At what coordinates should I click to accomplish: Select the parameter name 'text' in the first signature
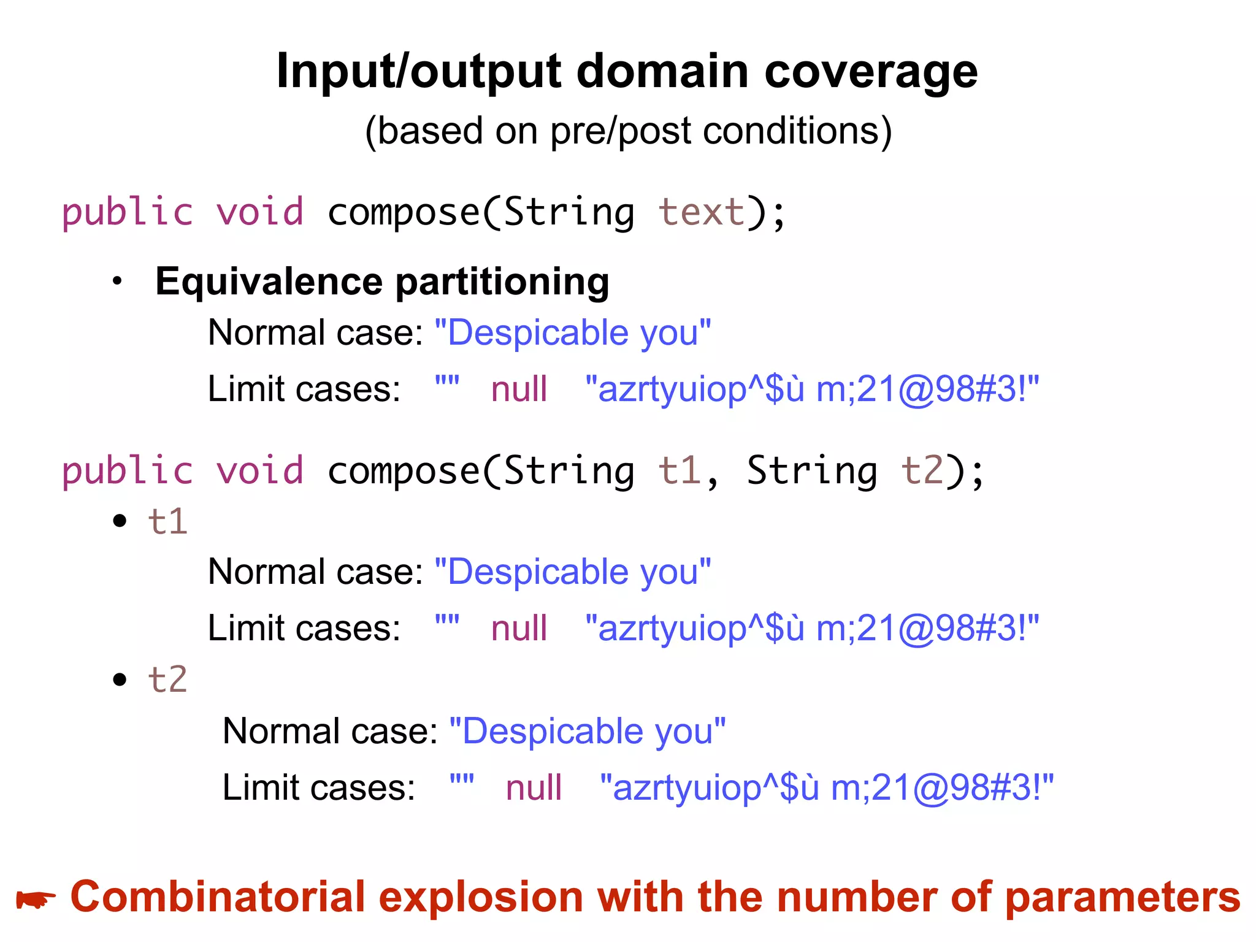coord(701,212)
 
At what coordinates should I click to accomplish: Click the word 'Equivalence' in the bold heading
coord(269,281)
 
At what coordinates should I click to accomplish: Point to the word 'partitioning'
coord(502,283)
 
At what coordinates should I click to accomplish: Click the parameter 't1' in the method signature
coord(679,471)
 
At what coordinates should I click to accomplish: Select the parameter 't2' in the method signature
coord(922,471)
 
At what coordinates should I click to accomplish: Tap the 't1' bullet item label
coord(167,522)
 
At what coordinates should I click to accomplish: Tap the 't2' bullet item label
coord(167,680)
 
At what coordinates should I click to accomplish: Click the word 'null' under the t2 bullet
coord(534,788)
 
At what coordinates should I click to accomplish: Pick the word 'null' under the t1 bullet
coord(519,629)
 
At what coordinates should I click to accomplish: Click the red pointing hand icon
coord(36,900)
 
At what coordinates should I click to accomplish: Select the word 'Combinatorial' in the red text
coord(218,897)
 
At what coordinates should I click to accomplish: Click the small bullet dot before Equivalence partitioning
coord(118,281)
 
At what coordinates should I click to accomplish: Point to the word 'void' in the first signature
coord(260,212)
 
